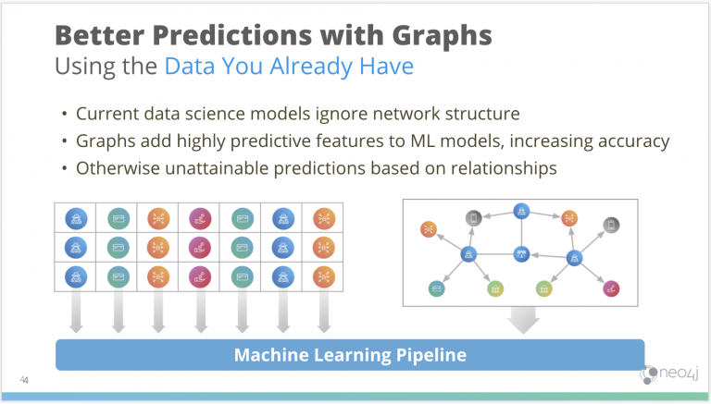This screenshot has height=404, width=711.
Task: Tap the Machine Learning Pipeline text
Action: point(349,355)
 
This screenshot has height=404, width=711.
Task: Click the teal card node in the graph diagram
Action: point(436,288)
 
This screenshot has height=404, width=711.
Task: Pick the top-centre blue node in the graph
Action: point(521,211)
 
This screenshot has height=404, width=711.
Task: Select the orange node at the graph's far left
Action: point(427,228)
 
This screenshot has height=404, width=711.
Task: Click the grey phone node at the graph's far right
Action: point(611,225)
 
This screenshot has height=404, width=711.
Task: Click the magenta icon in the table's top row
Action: point(199,218)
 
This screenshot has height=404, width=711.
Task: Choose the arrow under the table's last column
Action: point(323,314)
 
